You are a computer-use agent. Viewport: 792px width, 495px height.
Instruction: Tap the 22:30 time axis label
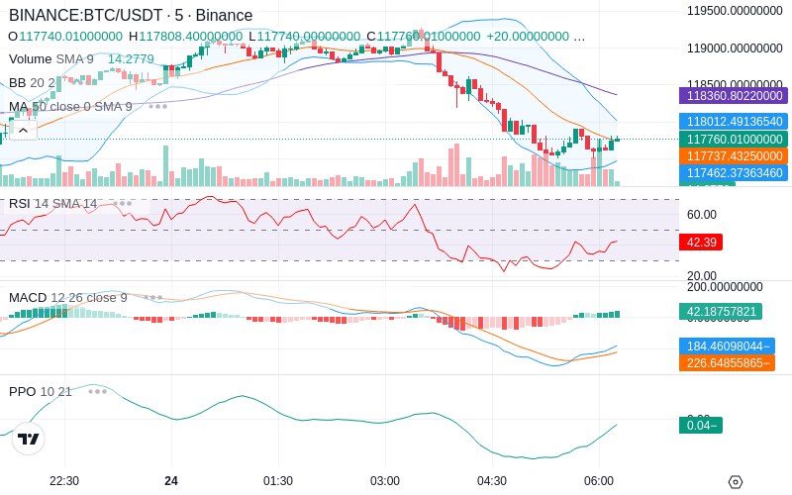pyautogui.click(x=64, y=481)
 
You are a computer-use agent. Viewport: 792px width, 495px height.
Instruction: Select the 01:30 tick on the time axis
pyautogui.click(x=278, y=481)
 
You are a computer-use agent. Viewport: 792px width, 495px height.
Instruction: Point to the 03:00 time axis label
pyautogui.click(x=385, y=481)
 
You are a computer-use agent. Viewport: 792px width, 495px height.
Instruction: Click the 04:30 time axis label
pyautogui.click(x=492, y=481)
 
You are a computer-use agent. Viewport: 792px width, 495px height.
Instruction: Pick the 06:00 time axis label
pyautogui.click(x=599, y=481)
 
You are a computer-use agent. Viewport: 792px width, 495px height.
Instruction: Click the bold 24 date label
pyautogui.click(x=171, y=481)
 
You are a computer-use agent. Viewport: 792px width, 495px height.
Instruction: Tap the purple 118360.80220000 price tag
pyautogui.click(x=732, y=96)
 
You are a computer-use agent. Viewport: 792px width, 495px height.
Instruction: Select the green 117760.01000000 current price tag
pyautogui.click(x=732, y=140)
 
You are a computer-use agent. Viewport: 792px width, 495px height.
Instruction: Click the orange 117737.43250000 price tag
pyautogui.click(x=732, y=156)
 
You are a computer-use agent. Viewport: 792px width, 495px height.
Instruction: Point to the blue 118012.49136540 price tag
pyautogui.click(x=732, y=121)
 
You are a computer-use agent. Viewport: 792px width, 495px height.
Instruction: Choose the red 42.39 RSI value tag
pyautogui.click(x=699, y=242)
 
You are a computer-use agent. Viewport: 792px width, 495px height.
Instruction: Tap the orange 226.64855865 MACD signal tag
pyautogui.click(x=726, y=362)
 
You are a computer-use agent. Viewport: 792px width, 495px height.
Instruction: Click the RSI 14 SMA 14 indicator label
pyautogui.click(x=52, y=203)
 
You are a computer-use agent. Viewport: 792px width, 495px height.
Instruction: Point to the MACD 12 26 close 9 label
pyautogui.click(x=67, y=297)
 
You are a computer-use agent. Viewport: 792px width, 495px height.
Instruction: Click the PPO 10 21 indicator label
pyautogui.click(x=40, y=391)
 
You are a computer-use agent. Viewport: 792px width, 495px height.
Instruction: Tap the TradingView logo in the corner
pyautogui.click(x=29, y=439)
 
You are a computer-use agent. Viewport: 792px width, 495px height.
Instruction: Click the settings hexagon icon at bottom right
pyautogui.click(x=735, y=482)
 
